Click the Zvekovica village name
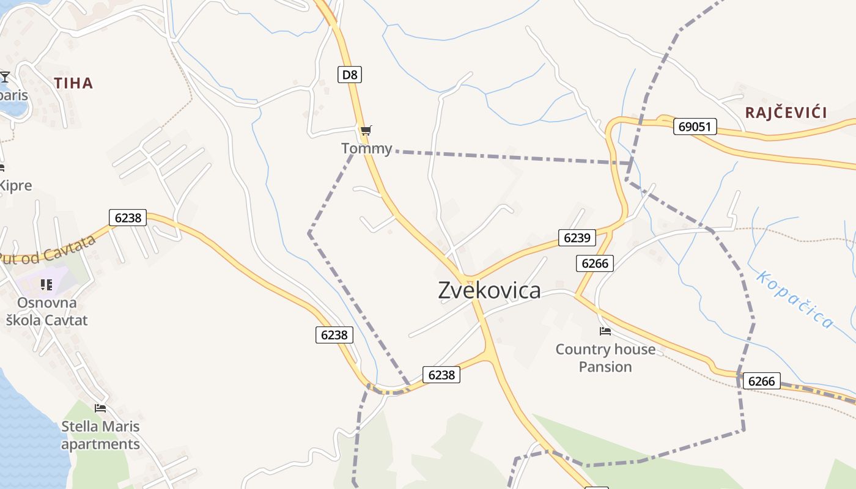point(489,291)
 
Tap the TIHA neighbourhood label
point(73,83)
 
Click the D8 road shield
point(349,75)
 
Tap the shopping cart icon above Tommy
point(366,130)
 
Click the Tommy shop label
point(366,149)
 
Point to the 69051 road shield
point(695,127)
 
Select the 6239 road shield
point(576,238)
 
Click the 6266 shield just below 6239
point(594,263)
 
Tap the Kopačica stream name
point(794,299)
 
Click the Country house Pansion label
point(605,358)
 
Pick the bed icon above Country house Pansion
point(605,331)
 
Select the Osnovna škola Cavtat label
point(47,312)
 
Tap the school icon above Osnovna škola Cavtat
point(46,284)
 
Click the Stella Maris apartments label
point(100,435)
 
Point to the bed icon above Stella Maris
point(100,408)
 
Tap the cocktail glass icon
point(5,77)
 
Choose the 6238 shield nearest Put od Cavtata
point(128,217)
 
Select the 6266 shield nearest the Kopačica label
point(761,381)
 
